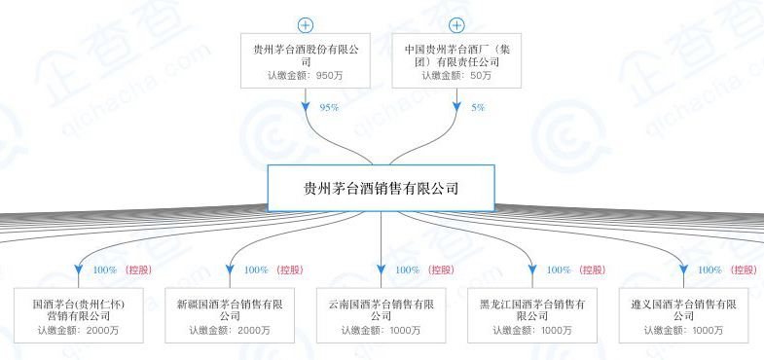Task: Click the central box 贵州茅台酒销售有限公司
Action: (382, 189)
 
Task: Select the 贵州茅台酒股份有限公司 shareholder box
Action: (306, 60)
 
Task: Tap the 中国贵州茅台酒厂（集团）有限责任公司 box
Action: (456, 60)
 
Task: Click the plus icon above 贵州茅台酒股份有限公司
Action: (306, 24)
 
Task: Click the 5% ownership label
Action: (478, 107)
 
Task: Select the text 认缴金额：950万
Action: (306, 75)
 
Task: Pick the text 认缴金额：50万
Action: (456, 75)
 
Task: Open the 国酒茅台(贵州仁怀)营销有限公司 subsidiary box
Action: (79, 315)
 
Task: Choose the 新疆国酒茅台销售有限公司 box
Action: (230, 315)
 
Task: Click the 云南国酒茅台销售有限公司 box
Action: (382, 315)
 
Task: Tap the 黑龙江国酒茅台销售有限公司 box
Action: (532, 315)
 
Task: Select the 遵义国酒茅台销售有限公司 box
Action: (683, 315)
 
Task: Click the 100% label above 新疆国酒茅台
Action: (256, 270)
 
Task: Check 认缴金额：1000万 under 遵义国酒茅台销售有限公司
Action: (683, 331)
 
